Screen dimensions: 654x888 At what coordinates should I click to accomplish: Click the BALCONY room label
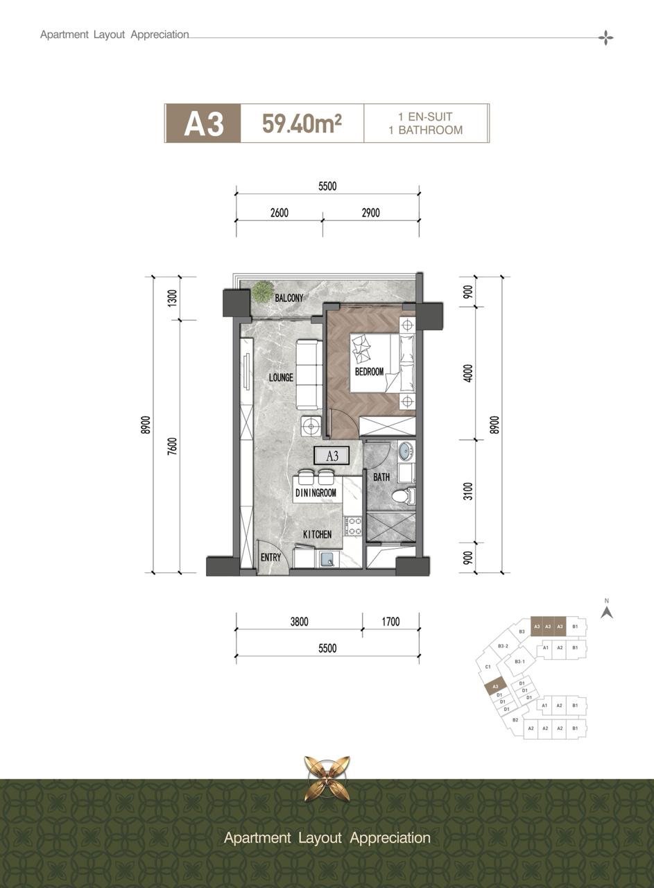pos(289,298)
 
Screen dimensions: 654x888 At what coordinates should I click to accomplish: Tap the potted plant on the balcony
pos(261,291)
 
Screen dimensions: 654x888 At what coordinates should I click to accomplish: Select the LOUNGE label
pos(281,377)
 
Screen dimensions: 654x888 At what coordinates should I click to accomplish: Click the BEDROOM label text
pos(370,371)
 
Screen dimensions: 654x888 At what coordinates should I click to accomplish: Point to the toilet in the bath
pos(403,495)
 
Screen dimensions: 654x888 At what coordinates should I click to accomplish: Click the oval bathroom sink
pos(404,451)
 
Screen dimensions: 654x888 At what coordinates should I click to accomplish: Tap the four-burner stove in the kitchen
pos(354,526)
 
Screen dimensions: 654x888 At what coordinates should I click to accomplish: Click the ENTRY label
pos(270,557)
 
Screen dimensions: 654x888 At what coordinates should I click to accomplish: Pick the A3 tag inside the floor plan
pos(332,456)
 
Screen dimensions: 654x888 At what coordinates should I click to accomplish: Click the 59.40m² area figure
pos(302,123)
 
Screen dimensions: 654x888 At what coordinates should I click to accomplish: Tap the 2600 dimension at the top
pos(279,213)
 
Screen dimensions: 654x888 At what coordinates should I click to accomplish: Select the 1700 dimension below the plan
pos(391,622)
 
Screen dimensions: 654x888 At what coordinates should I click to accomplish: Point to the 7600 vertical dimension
pos(172,445)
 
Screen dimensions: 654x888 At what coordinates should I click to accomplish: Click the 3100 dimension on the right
pos(469,491)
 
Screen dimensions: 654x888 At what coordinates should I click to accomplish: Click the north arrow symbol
pos(607,613)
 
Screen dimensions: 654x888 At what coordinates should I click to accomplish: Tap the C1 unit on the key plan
pos(488,667)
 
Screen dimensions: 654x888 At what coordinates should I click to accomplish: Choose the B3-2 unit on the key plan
pos(503,646)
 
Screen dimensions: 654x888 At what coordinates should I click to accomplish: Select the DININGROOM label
pos(316,493)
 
